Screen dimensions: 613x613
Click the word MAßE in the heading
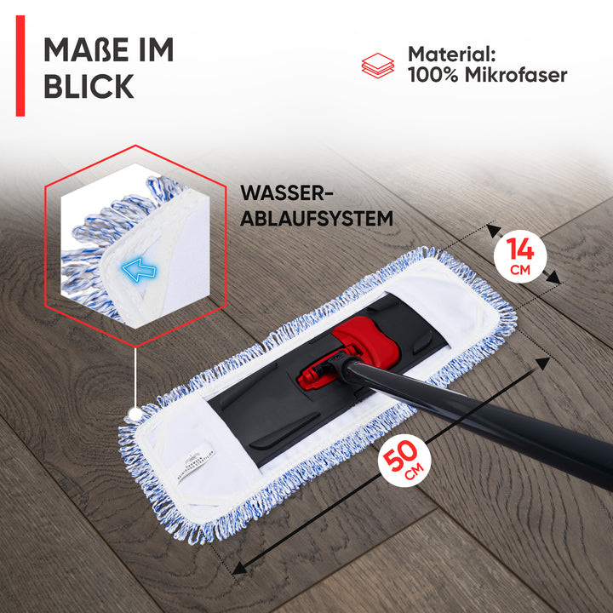click(x=86, y=49)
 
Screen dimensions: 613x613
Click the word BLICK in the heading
click(x=89, y=86)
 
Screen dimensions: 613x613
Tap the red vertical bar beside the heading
click(x=20, y=66)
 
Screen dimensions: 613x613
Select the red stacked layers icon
click(x=378, y=66)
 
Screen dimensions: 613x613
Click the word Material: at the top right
click(x=451, y=54)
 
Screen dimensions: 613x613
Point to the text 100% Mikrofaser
click(x=488, y=75)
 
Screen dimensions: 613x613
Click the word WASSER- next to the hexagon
click(x=287, y=192)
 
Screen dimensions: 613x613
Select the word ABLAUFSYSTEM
click(x=317, y=218)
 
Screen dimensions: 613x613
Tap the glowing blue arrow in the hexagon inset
click(x=139, y=269)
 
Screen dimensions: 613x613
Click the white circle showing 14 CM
click(x=520, y=256)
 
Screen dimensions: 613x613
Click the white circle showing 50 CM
click(x=404, y=460)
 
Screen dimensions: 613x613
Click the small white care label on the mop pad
click(x=196, y=463)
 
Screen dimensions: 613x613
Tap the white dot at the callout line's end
click(x=135, y=414)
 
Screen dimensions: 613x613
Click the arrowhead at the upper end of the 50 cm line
click(x=542, y=363)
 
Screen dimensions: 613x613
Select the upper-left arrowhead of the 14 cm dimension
click(x=494, y=230)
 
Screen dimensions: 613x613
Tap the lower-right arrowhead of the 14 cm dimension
click(x=553, y=278)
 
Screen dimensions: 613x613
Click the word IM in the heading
click(x=157, y=49)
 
